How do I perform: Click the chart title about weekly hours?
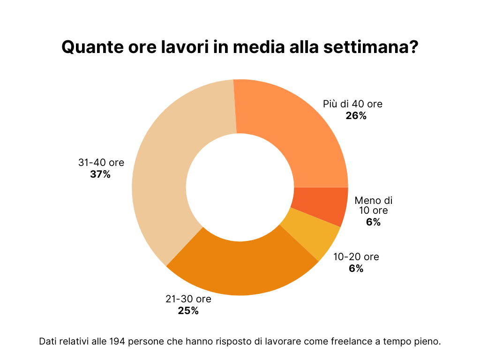click(x=240, y=47)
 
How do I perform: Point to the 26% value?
click(x=356, y=116)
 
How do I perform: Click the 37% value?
click(x=100, y=174)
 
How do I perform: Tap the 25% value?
click(x=188, y=310)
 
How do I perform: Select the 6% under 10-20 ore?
click(x=356, y=269)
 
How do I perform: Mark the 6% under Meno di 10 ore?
click(x=373, y=222)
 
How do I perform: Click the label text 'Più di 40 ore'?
click(x=352, y=104)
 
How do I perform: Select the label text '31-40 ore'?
click(x=101, y=163)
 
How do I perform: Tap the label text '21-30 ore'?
click(x=188, y=299)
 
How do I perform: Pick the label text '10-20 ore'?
click(x=356, y=257)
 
